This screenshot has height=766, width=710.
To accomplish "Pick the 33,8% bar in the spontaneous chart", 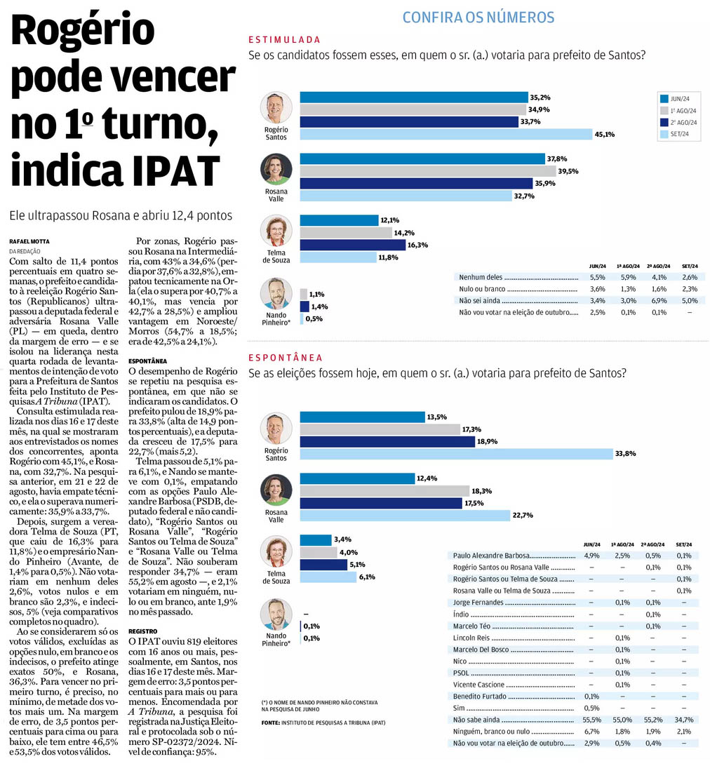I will pyautogui.click(x=456, y=454).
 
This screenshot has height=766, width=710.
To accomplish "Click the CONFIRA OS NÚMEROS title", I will pyautogui.click(x=478, y=18).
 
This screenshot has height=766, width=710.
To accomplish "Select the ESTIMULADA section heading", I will pyautogui.click(x=285, y=40).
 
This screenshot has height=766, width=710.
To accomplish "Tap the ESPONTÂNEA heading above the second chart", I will pyautogui.click(x=286, y=358).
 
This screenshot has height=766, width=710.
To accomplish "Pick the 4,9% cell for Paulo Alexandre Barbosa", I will pyautogui.click(x=592, y=556).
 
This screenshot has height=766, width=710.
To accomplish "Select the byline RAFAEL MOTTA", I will pyautogui.click(x=29, y=241).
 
